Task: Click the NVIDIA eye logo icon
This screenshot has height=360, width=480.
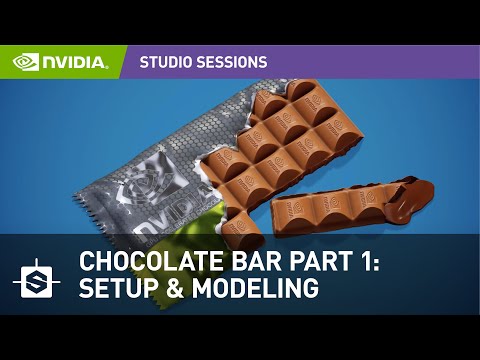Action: click(26, 62)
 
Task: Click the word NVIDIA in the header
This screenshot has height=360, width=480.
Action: click(74, 62)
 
